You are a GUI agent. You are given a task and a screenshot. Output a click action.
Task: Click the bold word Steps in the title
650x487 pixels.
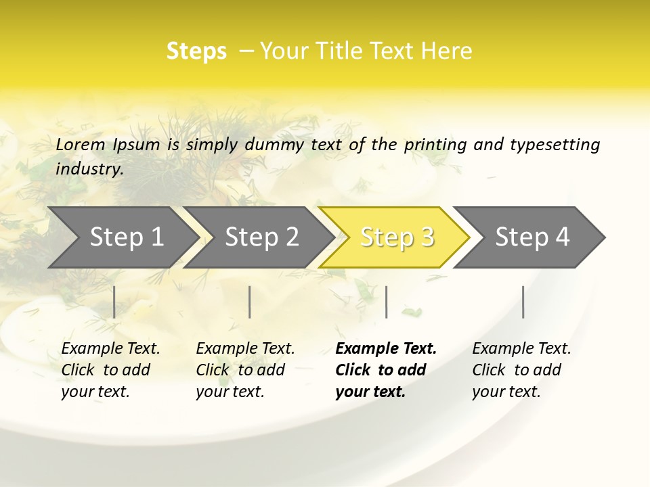[x=196, y=51]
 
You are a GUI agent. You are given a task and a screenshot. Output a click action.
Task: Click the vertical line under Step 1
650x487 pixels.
[x=114, y=302]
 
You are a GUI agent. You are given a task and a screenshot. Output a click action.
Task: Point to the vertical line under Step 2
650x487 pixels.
[x=250, y=302]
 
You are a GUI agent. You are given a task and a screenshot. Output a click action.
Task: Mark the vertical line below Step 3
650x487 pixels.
[x=386, y=302]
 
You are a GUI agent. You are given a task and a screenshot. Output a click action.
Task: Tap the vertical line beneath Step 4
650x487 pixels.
[x=523, y=302]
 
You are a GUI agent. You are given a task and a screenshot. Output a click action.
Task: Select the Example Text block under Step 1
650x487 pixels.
[x=110, y=370]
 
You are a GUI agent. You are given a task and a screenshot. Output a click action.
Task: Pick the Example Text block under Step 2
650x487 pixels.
[x=244, y=370]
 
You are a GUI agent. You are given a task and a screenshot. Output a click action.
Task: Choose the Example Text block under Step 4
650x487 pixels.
[x=521, y=370]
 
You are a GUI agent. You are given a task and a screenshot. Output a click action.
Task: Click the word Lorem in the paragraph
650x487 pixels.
[x=80, y=145]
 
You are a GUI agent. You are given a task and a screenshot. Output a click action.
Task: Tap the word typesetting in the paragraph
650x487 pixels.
[x=555, y=145]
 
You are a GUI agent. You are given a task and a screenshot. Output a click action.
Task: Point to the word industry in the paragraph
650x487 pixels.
[x=88, y=169]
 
